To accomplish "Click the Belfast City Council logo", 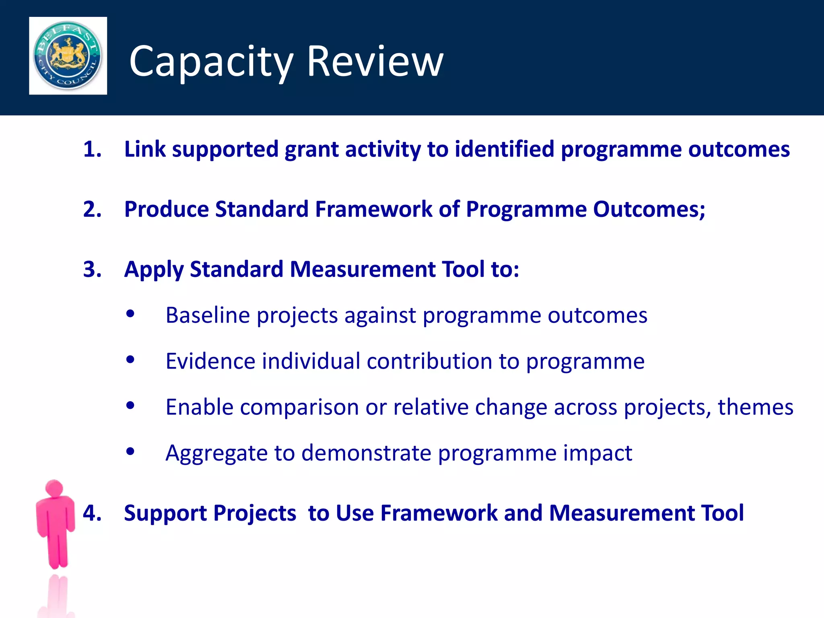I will coord(68,56).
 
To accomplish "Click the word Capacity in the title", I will coord(211,62).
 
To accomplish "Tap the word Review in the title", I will coord(375,62).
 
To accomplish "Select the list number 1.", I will coord(92,149).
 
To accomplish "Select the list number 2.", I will coord(92,209).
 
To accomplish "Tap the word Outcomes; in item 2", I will coord(649,209).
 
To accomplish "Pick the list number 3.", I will coord(92,269).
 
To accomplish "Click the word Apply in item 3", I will coord(154,270).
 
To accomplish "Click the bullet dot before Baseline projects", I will coord(130,314).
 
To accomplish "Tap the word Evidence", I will coord(210,361).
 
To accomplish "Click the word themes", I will coord(755,407).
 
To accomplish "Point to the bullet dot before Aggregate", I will coord(130,451).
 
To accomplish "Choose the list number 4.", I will coord(92,513).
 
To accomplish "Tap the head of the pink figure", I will coord(54,488).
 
